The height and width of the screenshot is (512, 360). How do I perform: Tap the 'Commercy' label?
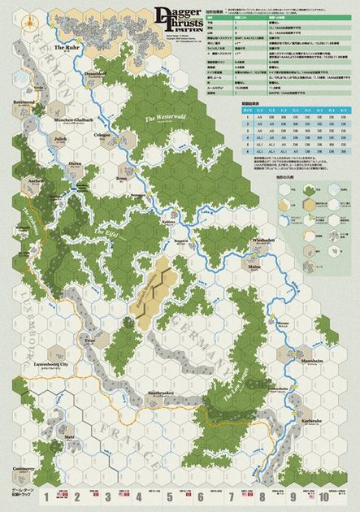[x=23, y=470]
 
